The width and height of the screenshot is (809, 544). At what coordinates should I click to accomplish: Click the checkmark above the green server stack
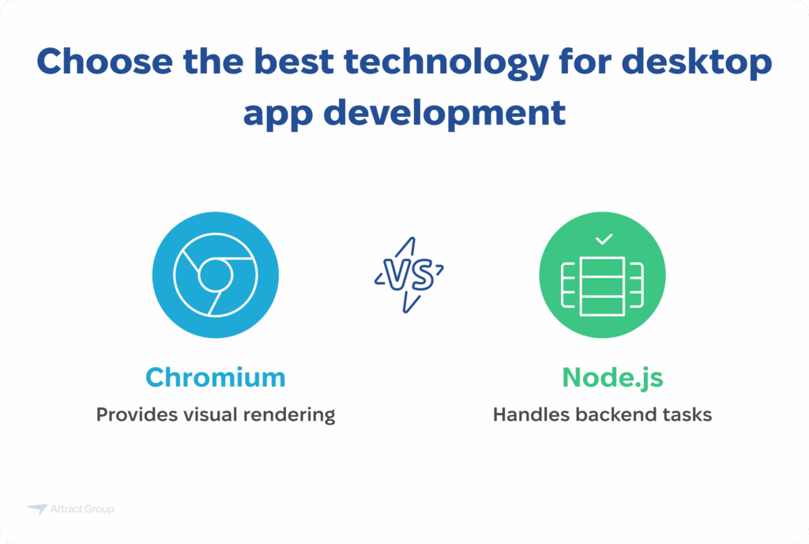click(x=604, y=238)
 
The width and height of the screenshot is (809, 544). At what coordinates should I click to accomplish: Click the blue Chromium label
click(x=215, y=377)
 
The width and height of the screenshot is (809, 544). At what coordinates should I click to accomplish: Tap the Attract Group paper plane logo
click(x=37, y=509)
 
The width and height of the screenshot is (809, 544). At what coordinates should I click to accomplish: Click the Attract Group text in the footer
click(x=83, y=509)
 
